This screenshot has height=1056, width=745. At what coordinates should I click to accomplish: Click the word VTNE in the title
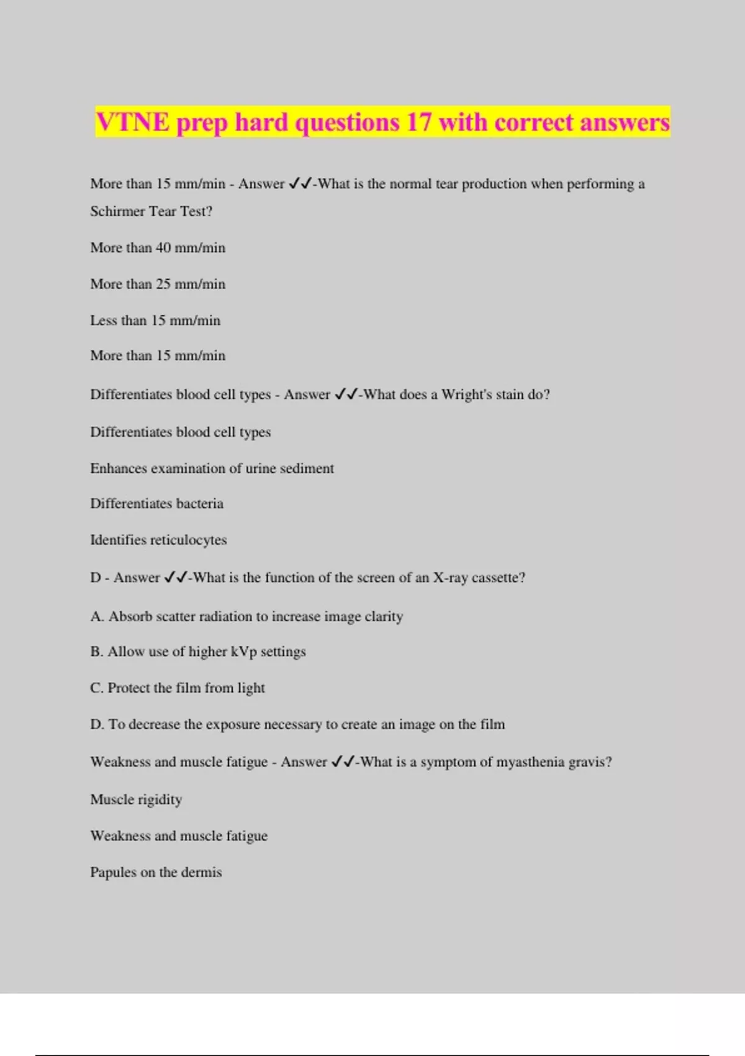132,122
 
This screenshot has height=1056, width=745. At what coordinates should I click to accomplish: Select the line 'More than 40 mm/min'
158,247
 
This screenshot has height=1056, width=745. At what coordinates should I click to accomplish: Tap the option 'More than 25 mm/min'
158,284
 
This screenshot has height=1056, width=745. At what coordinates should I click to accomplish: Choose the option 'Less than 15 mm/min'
155,321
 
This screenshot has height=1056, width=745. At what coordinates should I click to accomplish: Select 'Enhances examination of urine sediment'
212,468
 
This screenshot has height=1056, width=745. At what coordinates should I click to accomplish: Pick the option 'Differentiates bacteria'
156,504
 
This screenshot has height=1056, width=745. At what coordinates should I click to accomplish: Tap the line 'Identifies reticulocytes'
158,540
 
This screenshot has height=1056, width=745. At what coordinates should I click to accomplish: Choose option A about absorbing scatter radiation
246,616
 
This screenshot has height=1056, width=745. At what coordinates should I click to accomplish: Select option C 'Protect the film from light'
178,688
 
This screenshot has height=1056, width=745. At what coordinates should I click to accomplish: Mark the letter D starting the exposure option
96,724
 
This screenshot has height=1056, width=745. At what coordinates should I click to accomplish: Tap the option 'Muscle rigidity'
136,799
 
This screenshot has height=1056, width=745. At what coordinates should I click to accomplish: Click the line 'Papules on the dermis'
156,872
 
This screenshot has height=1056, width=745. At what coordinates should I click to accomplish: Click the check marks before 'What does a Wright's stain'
345,394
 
